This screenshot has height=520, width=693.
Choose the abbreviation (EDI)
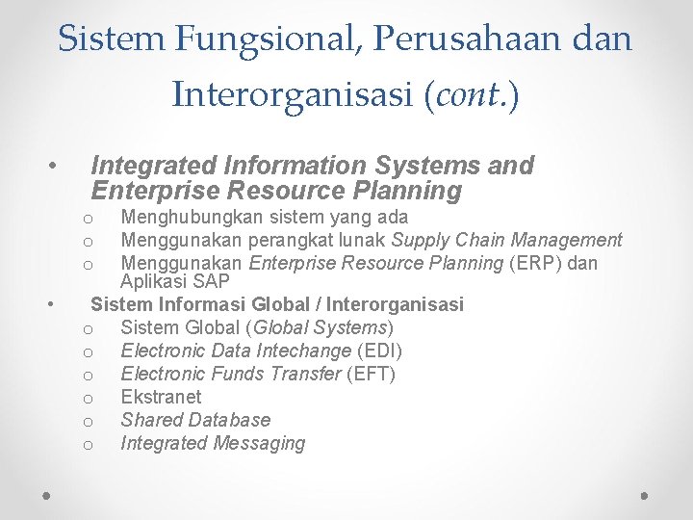(x=379, y=351)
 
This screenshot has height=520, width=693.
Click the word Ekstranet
(x=161, y=397)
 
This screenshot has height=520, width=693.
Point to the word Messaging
(x=257, y=443)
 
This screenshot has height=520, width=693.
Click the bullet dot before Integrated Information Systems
(x=54, y=166)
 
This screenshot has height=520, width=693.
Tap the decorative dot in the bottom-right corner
(x=645, y=494)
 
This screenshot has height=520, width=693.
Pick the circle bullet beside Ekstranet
(x=87, y=398)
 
